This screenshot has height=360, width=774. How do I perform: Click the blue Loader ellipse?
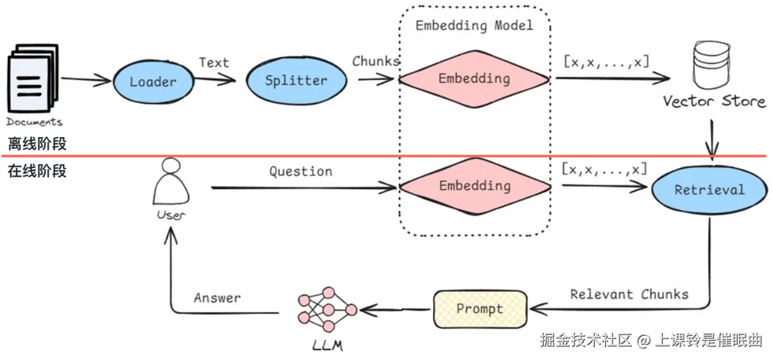(x=153, y=82)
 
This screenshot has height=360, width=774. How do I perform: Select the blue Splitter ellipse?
(x=297, y=80)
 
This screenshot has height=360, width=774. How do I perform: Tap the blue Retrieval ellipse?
(x=710, y=190)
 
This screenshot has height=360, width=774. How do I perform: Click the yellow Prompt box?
(x=480, y=309)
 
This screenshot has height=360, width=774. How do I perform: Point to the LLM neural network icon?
(x=327, y=309)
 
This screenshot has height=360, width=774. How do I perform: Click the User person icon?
(x=170, y=182)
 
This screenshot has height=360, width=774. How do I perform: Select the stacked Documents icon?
(x=33, y=78)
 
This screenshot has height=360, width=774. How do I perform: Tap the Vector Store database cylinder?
(x=712, y=65)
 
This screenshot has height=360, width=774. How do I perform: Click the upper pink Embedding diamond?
(x=474, y=79)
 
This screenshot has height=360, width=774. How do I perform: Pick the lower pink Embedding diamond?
(x=475, y=186)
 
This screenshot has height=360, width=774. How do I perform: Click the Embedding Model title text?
(x=474, y=25)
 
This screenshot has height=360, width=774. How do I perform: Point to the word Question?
(x=301, y=172)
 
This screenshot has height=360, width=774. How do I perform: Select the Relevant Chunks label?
(x=629, y=295)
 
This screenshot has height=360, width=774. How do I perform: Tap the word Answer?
(x=217, y=298)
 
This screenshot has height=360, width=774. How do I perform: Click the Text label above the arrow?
(x=214, y=62)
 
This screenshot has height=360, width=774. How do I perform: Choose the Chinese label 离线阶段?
(x=37, y=144)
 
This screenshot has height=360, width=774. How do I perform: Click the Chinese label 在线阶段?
(x=37, y=171)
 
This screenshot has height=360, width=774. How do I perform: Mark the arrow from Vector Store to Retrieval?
(x=712, y=140)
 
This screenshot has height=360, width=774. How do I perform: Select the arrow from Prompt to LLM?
(x=395, y=309)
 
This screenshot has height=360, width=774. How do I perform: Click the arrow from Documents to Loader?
(x=86, y=80)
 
